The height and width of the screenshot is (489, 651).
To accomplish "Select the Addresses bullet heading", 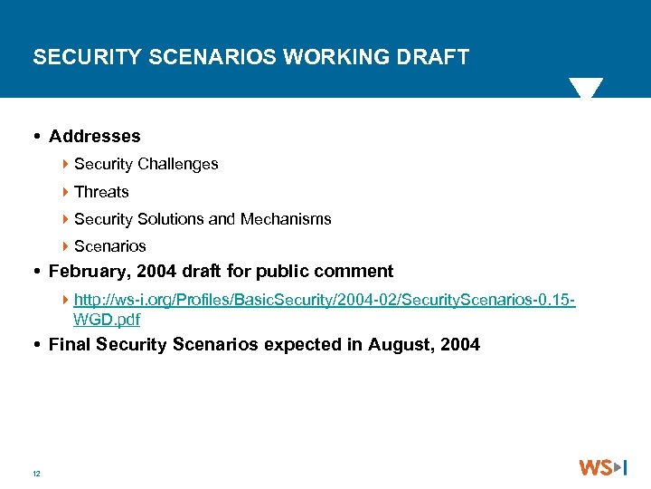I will tap(95, 136).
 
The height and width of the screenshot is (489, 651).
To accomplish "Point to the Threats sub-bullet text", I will tap(101, 191).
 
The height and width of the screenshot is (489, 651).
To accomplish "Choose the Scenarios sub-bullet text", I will tap(110, 245).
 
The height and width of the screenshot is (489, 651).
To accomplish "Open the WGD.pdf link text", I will tap(107, 319).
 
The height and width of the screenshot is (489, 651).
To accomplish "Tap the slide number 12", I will tap(36, 474).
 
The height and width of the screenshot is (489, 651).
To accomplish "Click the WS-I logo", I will tap(603, 467).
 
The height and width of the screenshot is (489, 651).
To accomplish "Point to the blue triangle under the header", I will tap(585, 87).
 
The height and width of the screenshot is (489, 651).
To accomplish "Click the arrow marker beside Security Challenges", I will tap(67, 164).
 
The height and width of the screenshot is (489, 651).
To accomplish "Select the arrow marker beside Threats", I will tap(67, 191).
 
